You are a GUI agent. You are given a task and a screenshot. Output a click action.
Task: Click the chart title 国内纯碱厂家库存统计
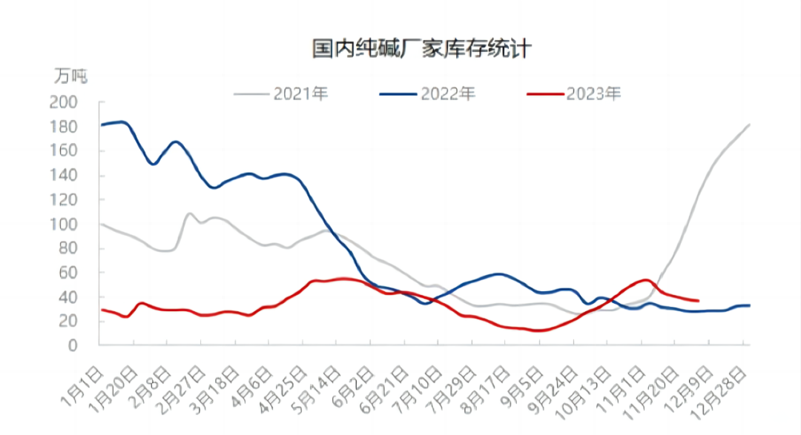(x=421, y=50)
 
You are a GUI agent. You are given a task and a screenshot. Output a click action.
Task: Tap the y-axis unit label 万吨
(x=70, y=76)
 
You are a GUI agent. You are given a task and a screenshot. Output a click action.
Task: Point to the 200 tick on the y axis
(x=63, y=103)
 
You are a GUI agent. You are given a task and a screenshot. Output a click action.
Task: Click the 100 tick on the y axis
(x=63, y=224)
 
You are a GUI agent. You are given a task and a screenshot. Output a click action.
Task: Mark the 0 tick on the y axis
(x=73, y=345)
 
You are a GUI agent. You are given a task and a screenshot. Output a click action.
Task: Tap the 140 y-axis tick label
(x=63, y=176)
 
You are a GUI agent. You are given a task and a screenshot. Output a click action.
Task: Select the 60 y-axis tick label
(x=67, y=273)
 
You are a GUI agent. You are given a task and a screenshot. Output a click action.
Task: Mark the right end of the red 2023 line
(x=698, y=300)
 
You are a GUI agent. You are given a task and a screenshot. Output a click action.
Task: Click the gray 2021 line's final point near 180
(x=749, y=125)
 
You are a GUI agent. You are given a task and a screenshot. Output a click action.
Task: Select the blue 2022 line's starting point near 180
(x=102, y=124)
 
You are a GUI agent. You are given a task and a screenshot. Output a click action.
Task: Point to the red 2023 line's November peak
(x=645, y=280)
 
